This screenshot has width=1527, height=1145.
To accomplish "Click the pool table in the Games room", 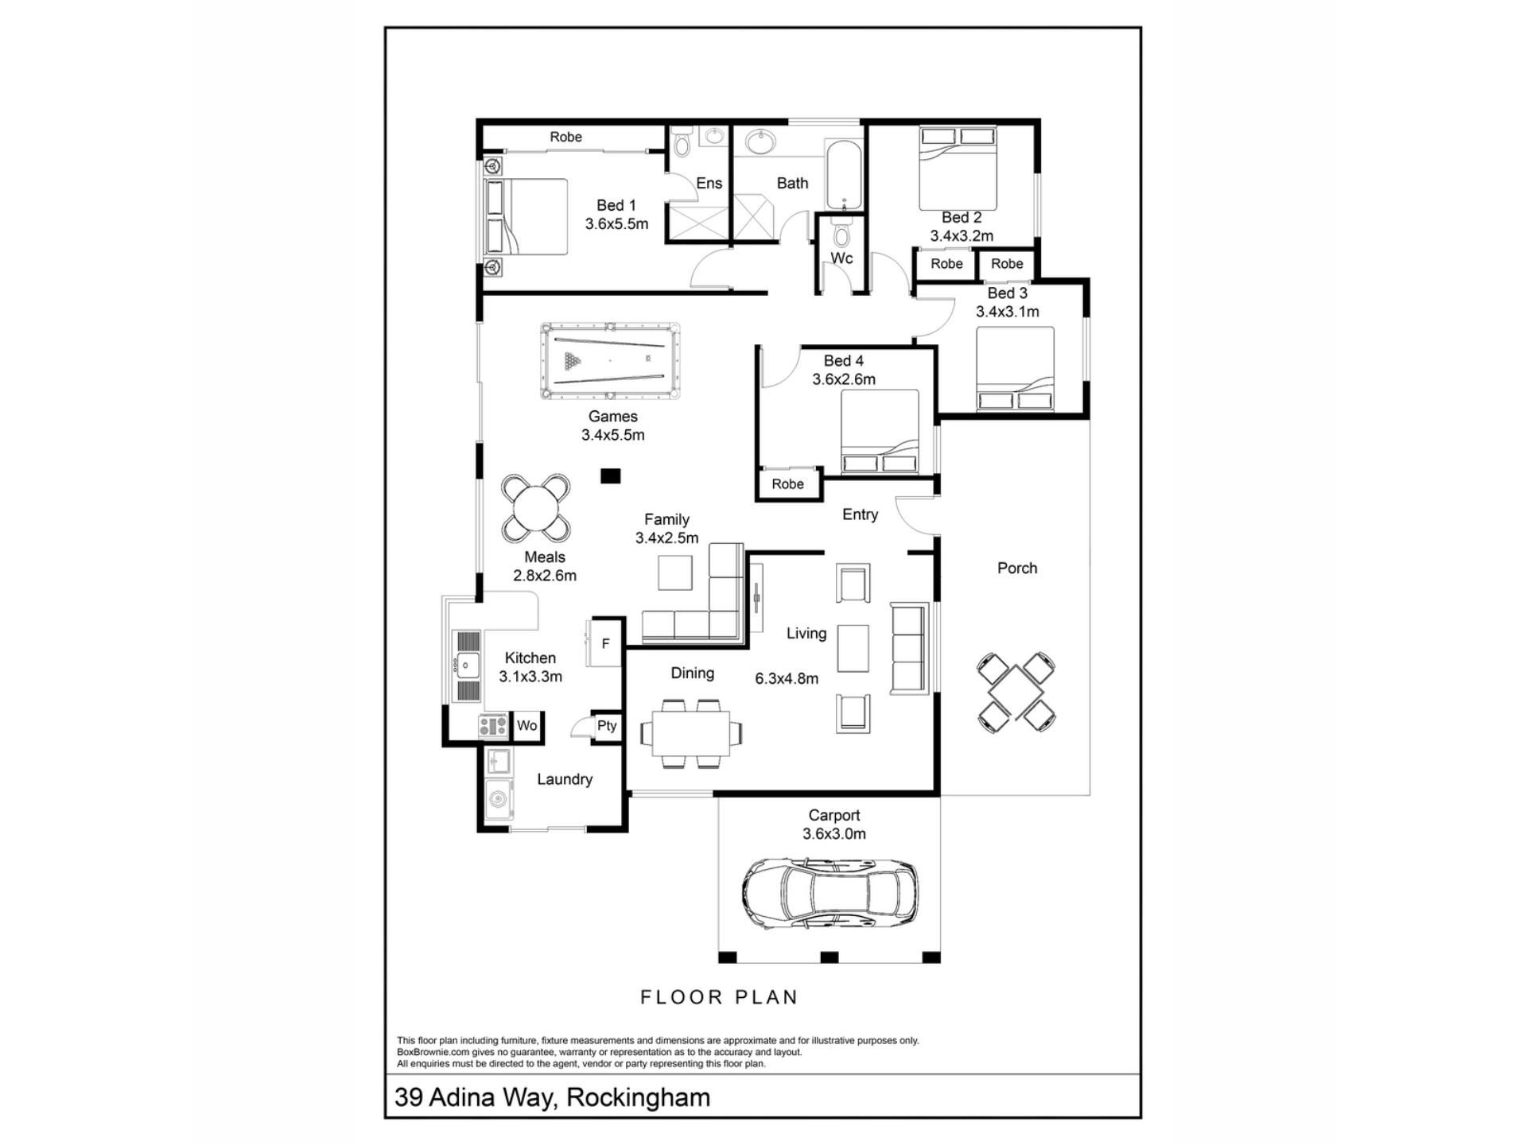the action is click(x=610, y=361).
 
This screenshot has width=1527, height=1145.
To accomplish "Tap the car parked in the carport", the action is click(x=830, y=893).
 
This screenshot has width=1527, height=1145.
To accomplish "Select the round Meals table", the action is click(x=535, y=507).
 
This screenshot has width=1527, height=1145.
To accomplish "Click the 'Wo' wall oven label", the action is click(x=526, y=725).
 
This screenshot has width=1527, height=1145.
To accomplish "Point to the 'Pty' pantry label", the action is click(x=607, y=725).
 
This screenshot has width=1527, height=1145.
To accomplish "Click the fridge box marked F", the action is click(x=604, y=643).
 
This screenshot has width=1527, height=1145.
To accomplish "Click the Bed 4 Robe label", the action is click(x=787, y=484).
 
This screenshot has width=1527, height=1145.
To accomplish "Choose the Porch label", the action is click(x=1017, y=568).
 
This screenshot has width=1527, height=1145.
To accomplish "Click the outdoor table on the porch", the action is click(x=1016, y=692).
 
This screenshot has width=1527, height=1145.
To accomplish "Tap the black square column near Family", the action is click(x=610, y=475).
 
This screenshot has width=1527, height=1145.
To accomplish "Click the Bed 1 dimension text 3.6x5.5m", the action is click(x=616, y=224).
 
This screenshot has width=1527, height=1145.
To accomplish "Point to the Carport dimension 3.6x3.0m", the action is click(x=833, y=834).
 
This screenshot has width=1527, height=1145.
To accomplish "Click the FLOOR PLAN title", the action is click(x=719, y=997).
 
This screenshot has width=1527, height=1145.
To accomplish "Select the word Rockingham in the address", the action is click(x=639, y=1097).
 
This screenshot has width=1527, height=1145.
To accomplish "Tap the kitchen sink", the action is click(x=466, y=666).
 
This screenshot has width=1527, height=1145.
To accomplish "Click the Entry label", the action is click(x=860, y=514).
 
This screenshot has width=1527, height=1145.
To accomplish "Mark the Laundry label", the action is click(x=565, y=779).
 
